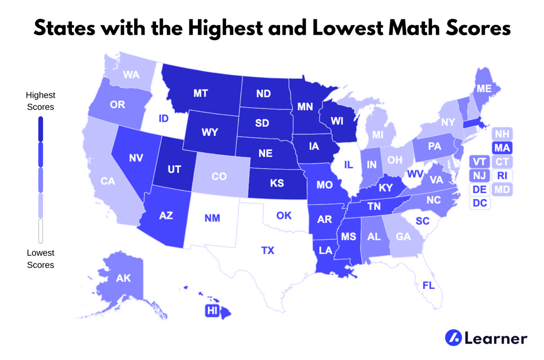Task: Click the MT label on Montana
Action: [x=201, y=93]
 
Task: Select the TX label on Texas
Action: [x=268, y=250]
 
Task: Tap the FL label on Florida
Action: [x=429, y=285]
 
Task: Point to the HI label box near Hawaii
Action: [x=211, y=311]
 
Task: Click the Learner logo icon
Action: [x=453, y=338]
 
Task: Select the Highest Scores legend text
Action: [x=41, y=101]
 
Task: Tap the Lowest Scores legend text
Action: [x=41, y=258]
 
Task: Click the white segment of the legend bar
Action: [x=41, y=231]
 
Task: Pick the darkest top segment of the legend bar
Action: [x=41, y=128]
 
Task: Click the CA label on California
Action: [x=108, y=181]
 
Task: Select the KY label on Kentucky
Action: [x=385, y=187]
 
